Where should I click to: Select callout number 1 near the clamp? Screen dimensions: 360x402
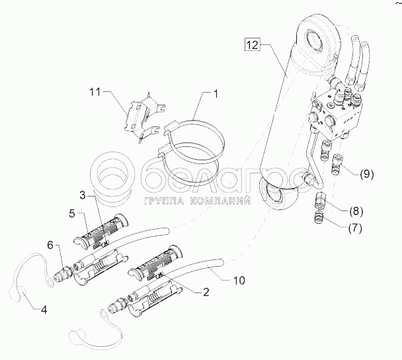click(x=215, y=95)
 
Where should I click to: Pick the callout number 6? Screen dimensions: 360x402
click(x=50, y=245)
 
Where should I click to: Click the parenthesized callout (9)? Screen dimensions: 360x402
click(x=366, y=175)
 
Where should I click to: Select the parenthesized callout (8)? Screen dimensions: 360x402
click(x=354, y=212)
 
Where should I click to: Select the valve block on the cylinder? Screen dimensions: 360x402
click(x=337, y=112)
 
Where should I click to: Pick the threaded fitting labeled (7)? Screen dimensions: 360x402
click(x=319, y=218)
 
